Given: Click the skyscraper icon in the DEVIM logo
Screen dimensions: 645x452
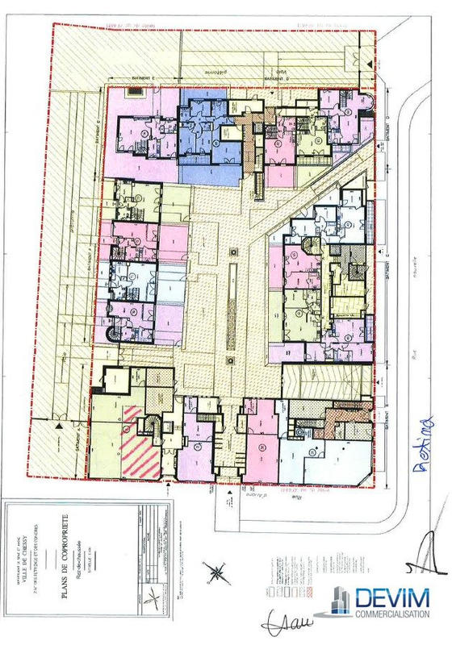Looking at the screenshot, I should click(341, 601).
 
